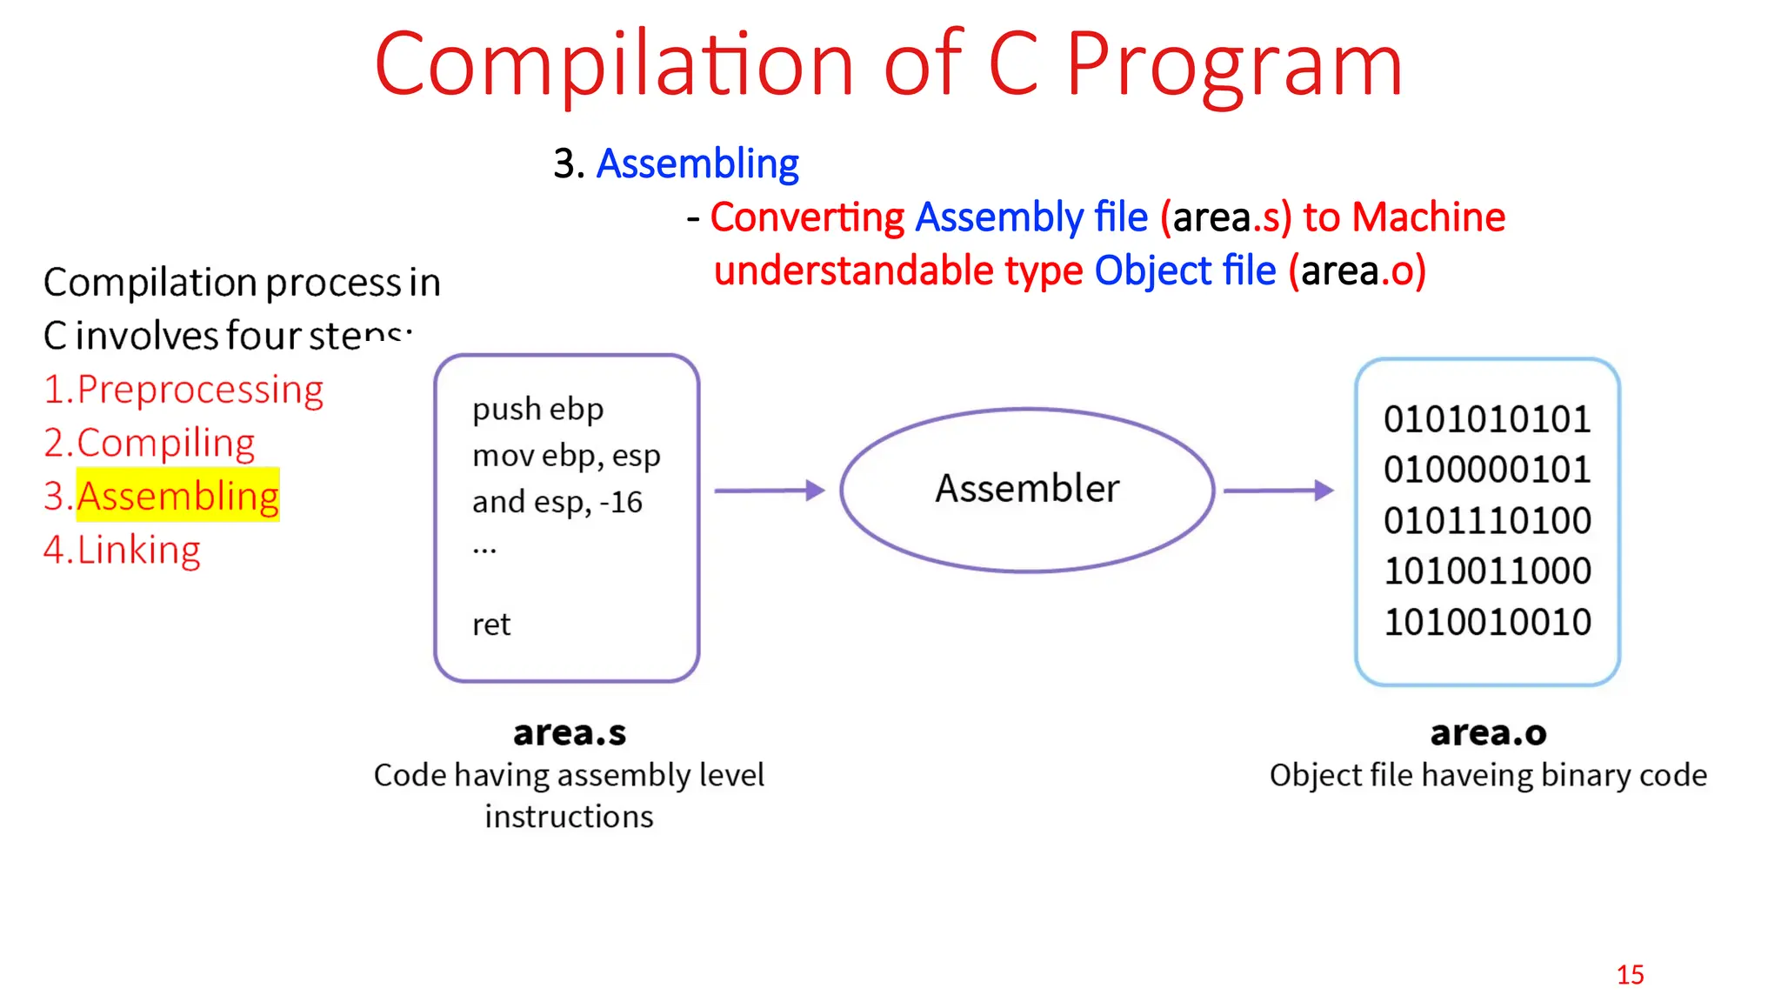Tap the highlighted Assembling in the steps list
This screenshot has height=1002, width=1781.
click(x=178, y=496)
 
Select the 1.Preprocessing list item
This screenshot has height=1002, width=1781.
click(x=183, y=389)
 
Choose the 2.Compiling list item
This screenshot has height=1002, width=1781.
click(x=150, y=443)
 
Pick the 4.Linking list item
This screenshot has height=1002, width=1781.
click(x=122, y=550)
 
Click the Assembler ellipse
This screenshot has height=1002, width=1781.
click(x=1027, y=489)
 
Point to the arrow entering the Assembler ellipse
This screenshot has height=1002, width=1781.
click(x=769, y=491)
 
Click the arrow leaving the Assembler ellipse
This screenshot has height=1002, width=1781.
click(x=1277, y=491)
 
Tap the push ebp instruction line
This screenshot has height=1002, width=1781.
click(x=537, y=409)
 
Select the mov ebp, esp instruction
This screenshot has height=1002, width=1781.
click(x=566, y=456)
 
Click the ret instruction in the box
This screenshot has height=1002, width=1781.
click(x=491, y=625)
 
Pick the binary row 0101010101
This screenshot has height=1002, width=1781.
click(x=1487, y=419)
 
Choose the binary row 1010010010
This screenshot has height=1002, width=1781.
click(x=1487, y=622)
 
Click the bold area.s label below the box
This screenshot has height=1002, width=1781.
click(x=570, y=733)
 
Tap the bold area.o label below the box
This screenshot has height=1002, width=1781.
click(x=1488, y=733)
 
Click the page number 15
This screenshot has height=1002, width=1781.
click(x=1630, y=975)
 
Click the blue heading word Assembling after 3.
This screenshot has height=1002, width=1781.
click(x=697, y=164)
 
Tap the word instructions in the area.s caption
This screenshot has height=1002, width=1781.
click(x=569, y=817)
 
